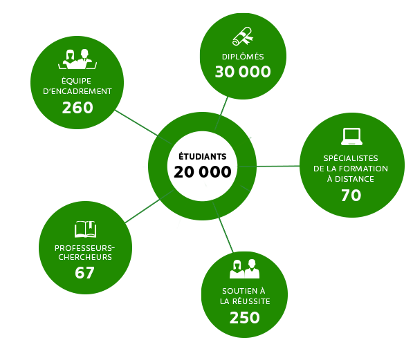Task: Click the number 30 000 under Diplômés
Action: [x=243, y=72]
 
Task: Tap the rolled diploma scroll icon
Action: [x=243, y=36]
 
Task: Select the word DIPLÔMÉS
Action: [x=243, y=57]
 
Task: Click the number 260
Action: [x=77, y=108]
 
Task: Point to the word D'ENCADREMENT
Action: [x=77, y=91]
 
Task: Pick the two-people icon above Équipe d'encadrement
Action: [x=77, y=59]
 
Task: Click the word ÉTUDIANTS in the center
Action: [x=202, y=156]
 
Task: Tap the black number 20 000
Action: [x=202, y=172]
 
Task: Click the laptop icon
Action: [x=351, y=136]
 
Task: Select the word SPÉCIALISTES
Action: [x=351, y=158]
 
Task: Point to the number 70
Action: [x=351, y=196]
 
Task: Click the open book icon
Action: [x=85, y=229]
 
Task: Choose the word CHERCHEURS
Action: [x=85, y=257]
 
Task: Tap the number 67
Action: [x=84, y=273]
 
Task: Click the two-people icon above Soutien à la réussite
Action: [x=244, y=269]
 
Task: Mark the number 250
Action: [x=244, y=318]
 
